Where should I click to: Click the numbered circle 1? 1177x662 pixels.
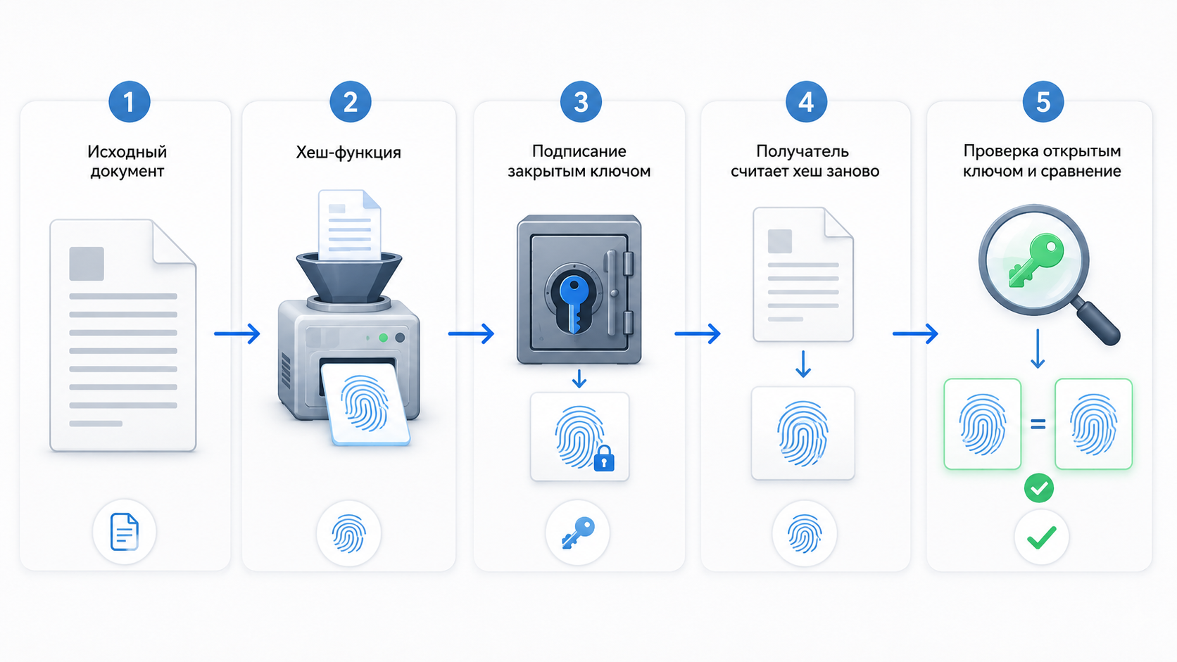click(130, 102)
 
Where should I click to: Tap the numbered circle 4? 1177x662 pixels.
click(806, 102)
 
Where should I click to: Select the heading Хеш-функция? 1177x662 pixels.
click(348, 153)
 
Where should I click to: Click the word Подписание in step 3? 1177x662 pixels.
click(579, 151)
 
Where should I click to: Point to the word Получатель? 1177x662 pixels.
click(802, 151)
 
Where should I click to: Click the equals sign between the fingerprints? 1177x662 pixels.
click(1038, 424)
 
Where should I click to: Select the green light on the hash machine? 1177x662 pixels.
click(384, 338)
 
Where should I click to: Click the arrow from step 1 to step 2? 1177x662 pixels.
click(237, 333)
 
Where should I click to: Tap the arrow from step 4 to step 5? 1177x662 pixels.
click(915, 333)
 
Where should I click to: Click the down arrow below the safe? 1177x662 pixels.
click(579, 378)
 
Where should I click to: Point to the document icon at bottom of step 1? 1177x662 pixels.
click(125, 532)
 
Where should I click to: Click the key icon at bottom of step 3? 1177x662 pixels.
click(578, 533)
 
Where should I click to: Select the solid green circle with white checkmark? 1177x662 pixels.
click(1039, 488)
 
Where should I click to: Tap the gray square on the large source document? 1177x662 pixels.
click(86, 264)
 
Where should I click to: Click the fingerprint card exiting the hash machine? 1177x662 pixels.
click(366, 405)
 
